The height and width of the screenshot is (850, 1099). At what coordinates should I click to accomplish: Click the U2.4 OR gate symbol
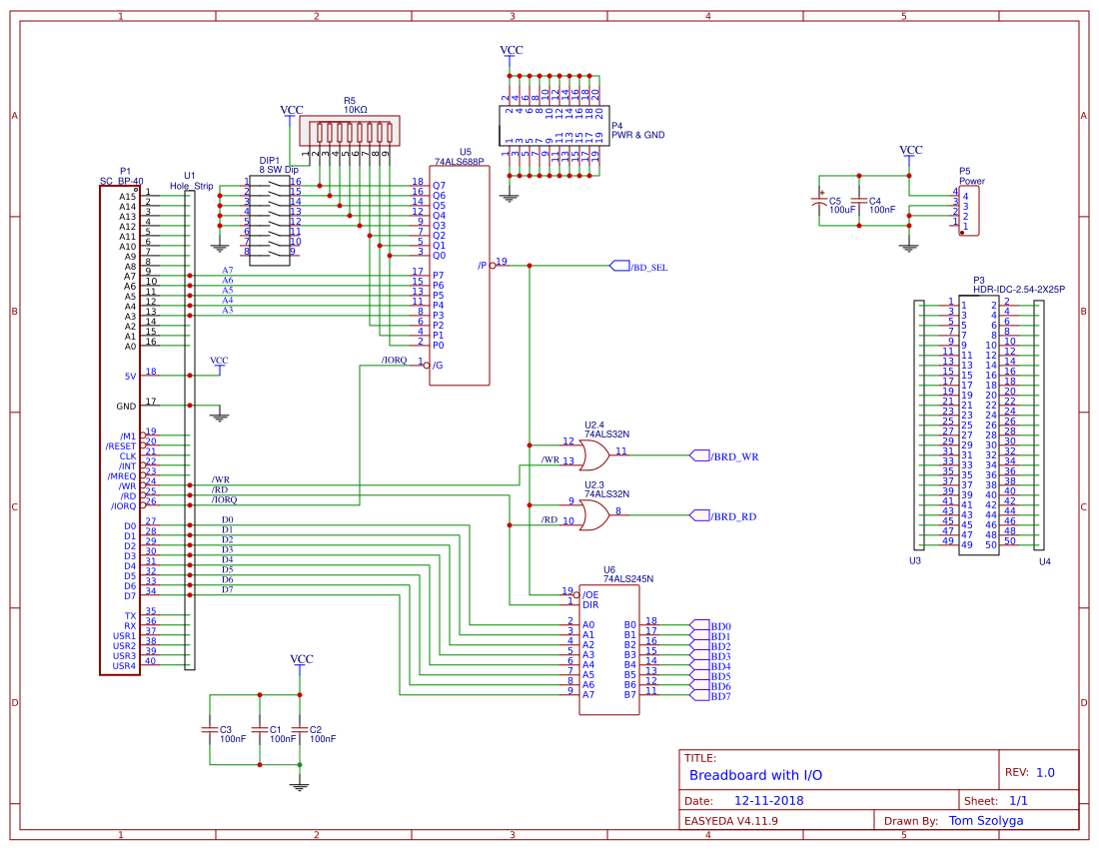pos(593,456)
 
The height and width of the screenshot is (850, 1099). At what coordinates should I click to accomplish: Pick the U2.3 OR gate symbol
pos(593,515)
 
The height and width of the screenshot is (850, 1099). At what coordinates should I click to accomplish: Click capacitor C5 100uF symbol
pos(820,203)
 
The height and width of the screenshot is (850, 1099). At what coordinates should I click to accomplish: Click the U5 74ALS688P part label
pos(459,160)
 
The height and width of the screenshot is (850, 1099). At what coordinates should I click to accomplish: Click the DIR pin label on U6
pos(590,605)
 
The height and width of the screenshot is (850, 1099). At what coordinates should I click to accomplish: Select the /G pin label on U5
pos(438,366)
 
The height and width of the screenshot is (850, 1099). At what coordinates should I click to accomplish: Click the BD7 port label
pos(720,696)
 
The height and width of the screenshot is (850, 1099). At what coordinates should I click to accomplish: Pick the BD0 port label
pos(720,626)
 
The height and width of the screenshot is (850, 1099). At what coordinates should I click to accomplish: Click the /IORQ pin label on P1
pos(121,506)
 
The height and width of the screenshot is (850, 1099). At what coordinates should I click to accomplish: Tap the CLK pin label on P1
pos(128,456)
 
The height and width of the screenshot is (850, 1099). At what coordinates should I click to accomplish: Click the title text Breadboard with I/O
pos(756,775)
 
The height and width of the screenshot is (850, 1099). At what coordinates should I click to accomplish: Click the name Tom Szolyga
pos(985,821)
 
